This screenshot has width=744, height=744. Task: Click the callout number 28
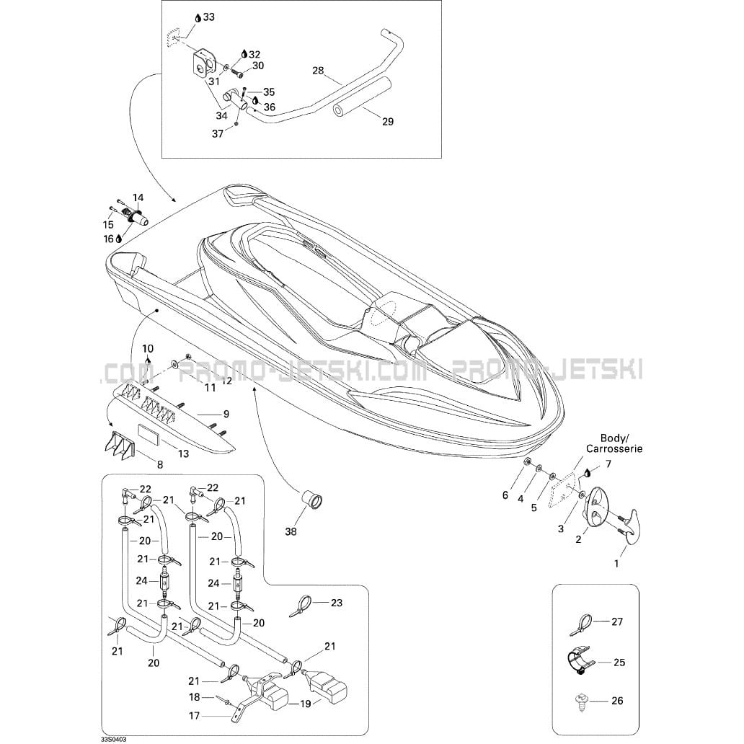(318, 71)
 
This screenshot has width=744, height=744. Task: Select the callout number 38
(291, 532)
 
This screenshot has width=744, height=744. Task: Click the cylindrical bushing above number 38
(311, 499)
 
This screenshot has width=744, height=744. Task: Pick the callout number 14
(138, 197)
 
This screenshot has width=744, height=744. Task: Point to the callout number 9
(226, 414)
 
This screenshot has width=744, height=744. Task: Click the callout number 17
(194, 716)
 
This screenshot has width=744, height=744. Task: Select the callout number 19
(306, 704)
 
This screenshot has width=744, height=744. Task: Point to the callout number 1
(616, 564)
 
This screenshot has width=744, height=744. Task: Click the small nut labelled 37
(236, 125)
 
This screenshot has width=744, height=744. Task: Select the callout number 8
(160, 464)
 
